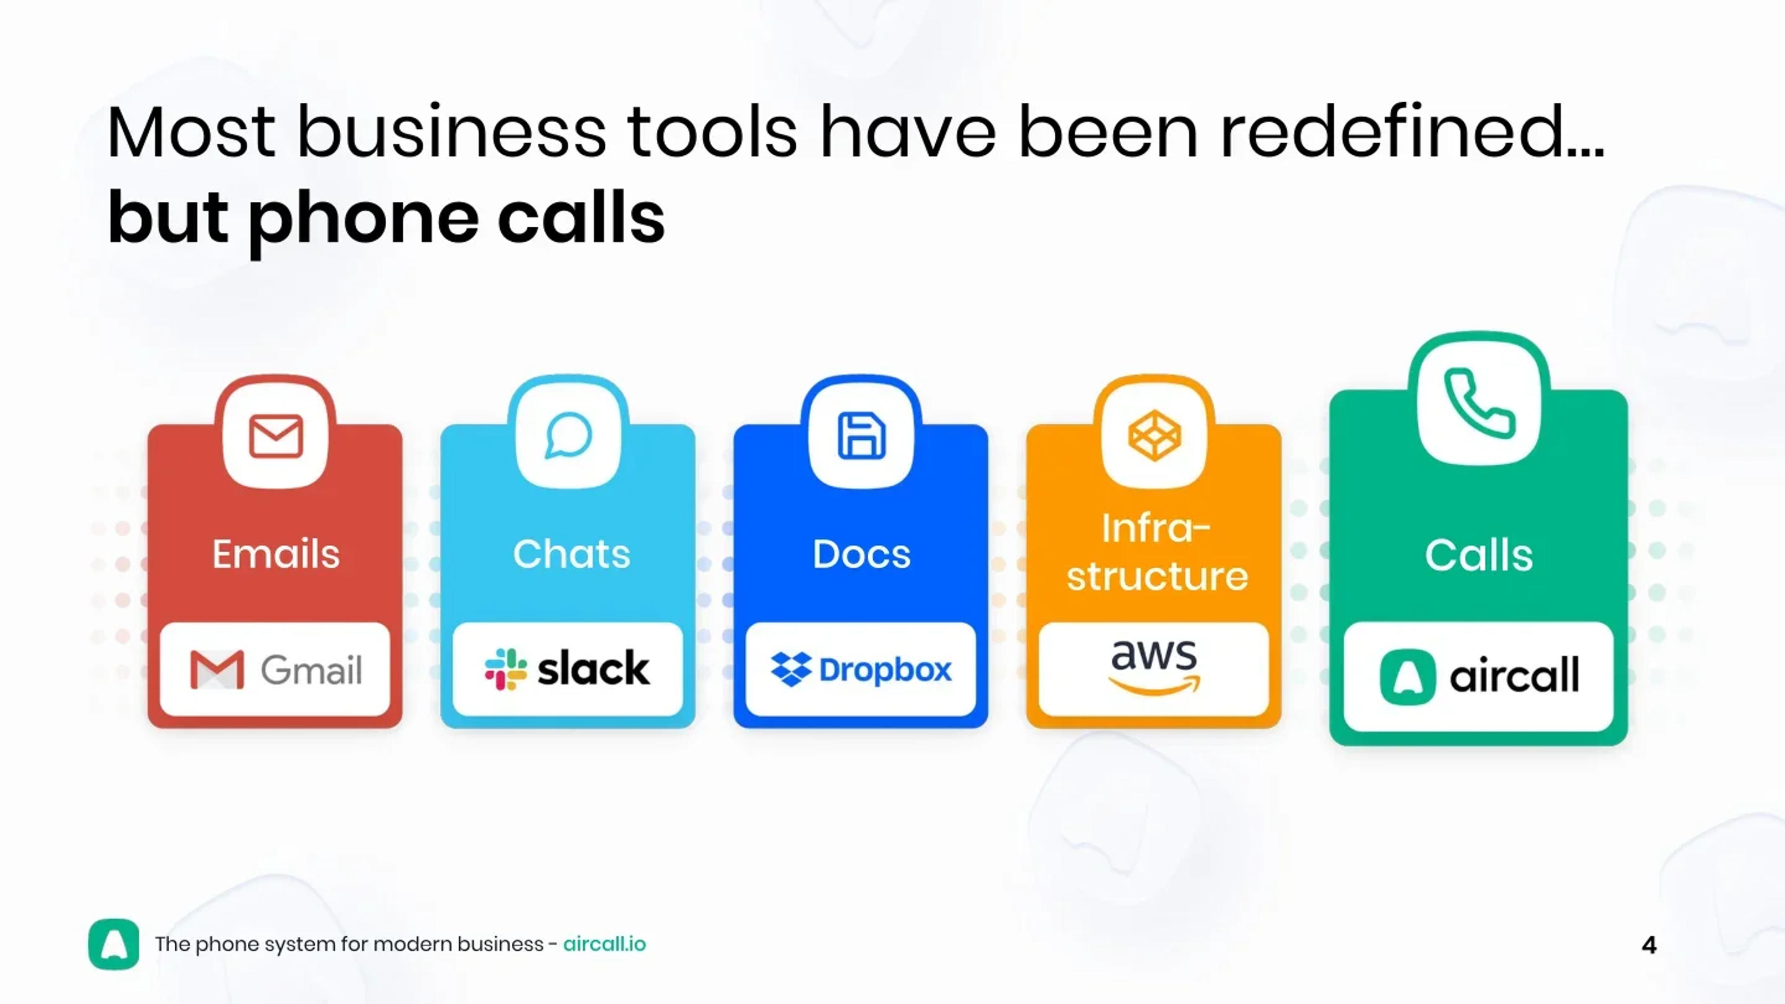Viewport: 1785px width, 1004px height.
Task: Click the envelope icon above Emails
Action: [276, 436]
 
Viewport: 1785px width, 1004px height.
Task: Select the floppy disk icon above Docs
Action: [861, 436]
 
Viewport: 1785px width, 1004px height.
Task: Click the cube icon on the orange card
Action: [1154, 436]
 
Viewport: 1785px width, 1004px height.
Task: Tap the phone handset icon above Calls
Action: [1479, 404]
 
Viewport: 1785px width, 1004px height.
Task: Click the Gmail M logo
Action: [217, 669]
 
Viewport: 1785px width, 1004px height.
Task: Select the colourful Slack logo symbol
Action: [506, 669]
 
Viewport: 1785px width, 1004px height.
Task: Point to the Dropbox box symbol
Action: [791, 669]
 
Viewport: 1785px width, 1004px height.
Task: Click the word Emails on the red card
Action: [276, 555]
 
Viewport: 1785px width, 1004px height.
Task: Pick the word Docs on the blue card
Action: [861, 555]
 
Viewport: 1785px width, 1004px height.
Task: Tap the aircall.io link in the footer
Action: [604, 945]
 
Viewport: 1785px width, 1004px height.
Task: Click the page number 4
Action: [1649, 945]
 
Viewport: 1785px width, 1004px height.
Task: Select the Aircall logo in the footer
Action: [113, 945]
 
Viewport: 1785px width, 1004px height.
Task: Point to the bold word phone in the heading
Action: [363, 219]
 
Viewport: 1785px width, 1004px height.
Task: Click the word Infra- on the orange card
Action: [1156, 528]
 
